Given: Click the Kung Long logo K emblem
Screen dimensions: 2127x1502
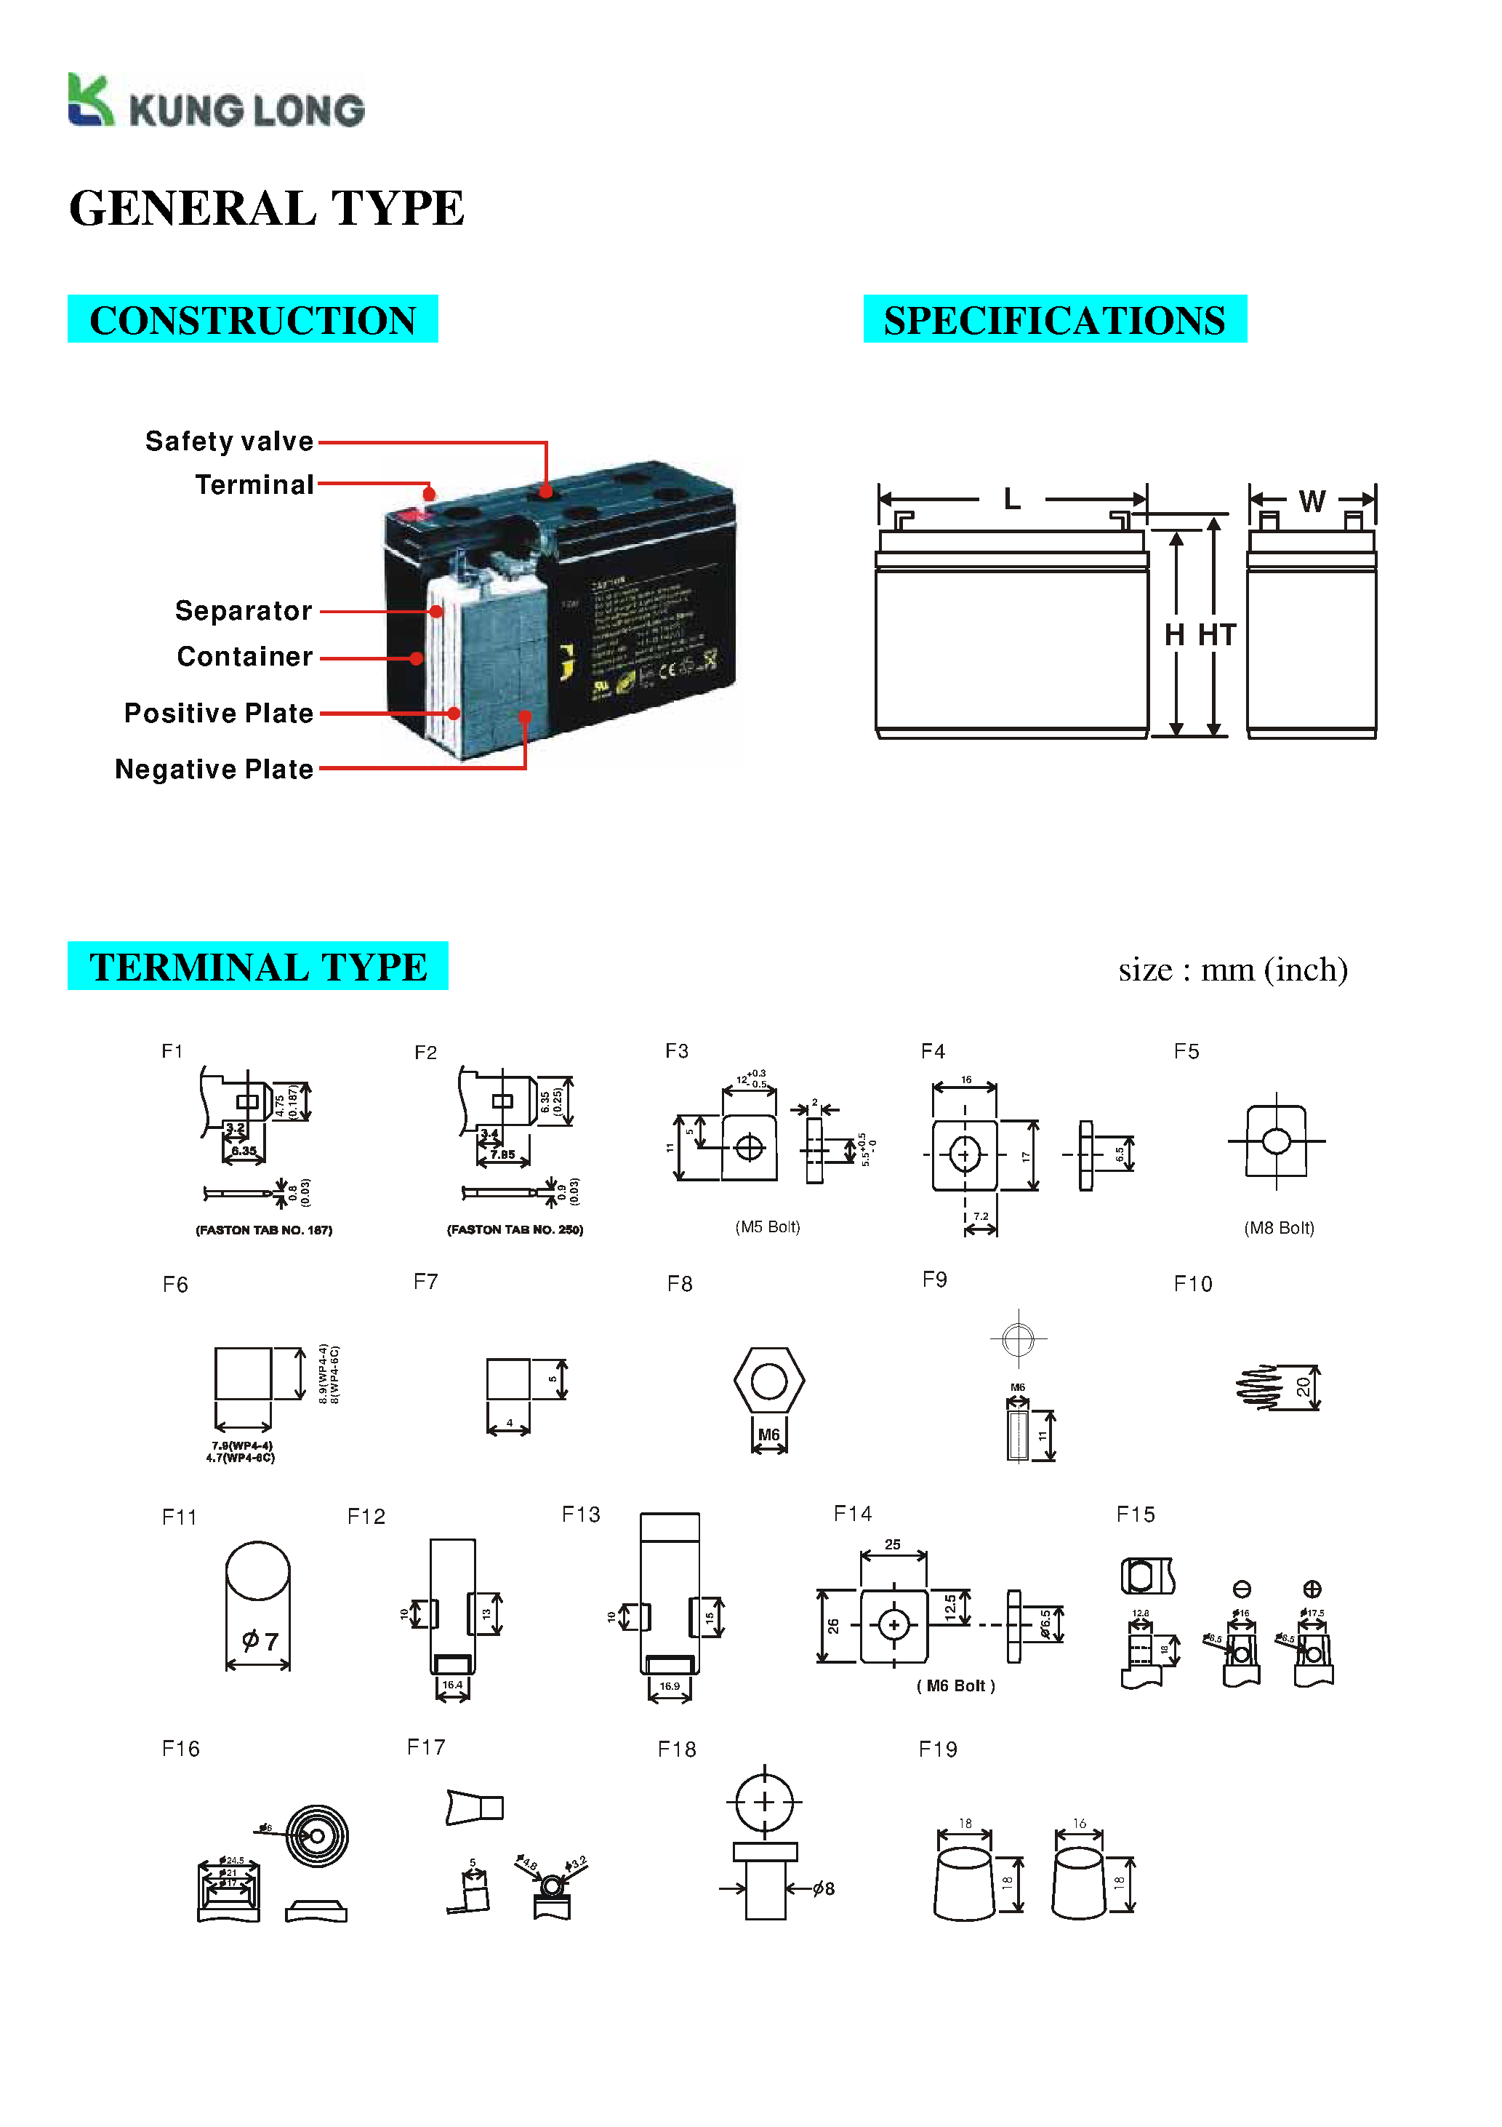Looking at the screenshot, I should pyautogui.click(x=90, y=100).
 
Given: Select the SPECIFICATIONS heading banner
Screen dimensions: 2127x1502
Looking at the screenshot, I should pyautogui.click(x=1054, y=319).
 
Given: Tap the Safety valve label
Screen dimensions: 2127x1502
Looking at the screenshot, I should pyautogui.click(x=229, y=441).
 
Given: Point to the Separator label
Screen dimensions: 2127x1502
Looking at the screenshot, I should pyautogui.click(x=244, y=610).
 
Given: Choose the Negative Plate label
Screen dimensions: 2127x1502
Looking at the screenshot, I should pyautogui.click(x=214, y=769).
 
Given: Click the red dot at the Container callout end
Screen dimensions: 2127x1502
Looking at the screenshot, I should pyautogui.click(x=417, y=658).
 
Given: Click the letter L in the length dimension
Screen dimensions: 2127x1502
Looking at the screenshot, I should pyautogui.click(x=1012, y=499).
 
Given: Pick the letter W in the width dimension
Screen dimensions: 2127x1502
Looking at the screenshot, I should pyautogui.click(x=1312, y=501).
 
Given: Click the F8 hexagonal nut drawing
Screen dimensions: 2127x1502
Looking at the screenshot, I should pyautogui.click(x=768, y=1381).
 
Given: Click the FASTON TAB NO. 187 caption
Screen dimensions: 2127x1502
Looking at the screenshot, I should pyautogui.click(x=264, y=1230).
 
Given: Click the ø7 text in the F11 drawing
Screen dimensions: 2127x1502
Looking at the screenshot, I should pyautogui.click(x=260, y=1640).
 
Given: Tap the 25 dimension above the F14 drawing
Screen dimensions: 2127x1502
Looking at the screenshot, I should pyautogui.click(x=892, y=1544).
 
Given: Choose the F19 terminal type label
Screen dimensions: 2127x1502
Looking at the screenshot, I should pyautogui.click(x=937, y=1749).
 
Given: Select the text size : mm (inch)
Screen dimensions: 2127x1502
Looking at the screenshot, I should pyautogui.click(x=1232, y=970).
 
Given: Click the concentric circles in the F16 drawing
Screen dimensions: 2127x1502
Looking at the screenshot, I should pyautogui.click(x=317, y=1835).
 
